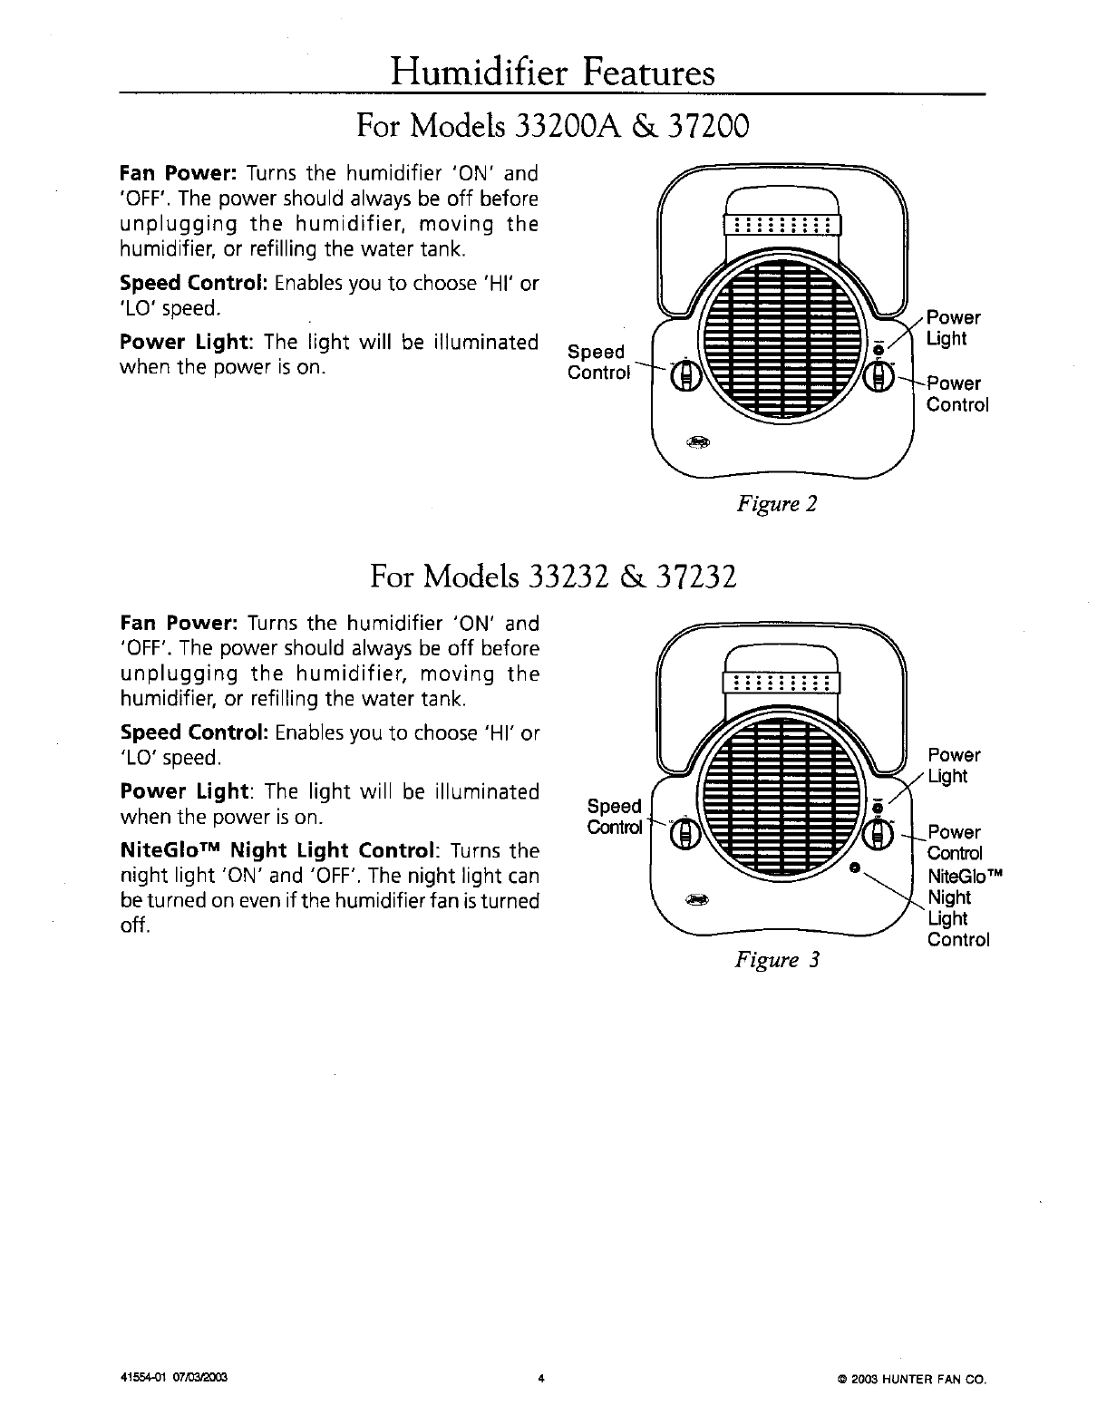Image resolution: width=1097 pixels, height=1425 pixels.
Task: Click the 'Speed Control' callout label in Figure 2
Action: (597, 363)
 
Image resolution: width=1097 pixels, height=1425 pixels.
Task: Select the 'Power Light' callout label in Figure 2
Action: (952, 328)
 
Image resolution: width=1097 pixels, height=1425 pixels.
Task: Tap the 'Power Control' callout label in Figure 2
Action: (956, 394)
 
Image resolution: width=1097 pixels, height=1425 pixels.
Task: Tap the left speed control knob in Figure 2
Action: (685, 375)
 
